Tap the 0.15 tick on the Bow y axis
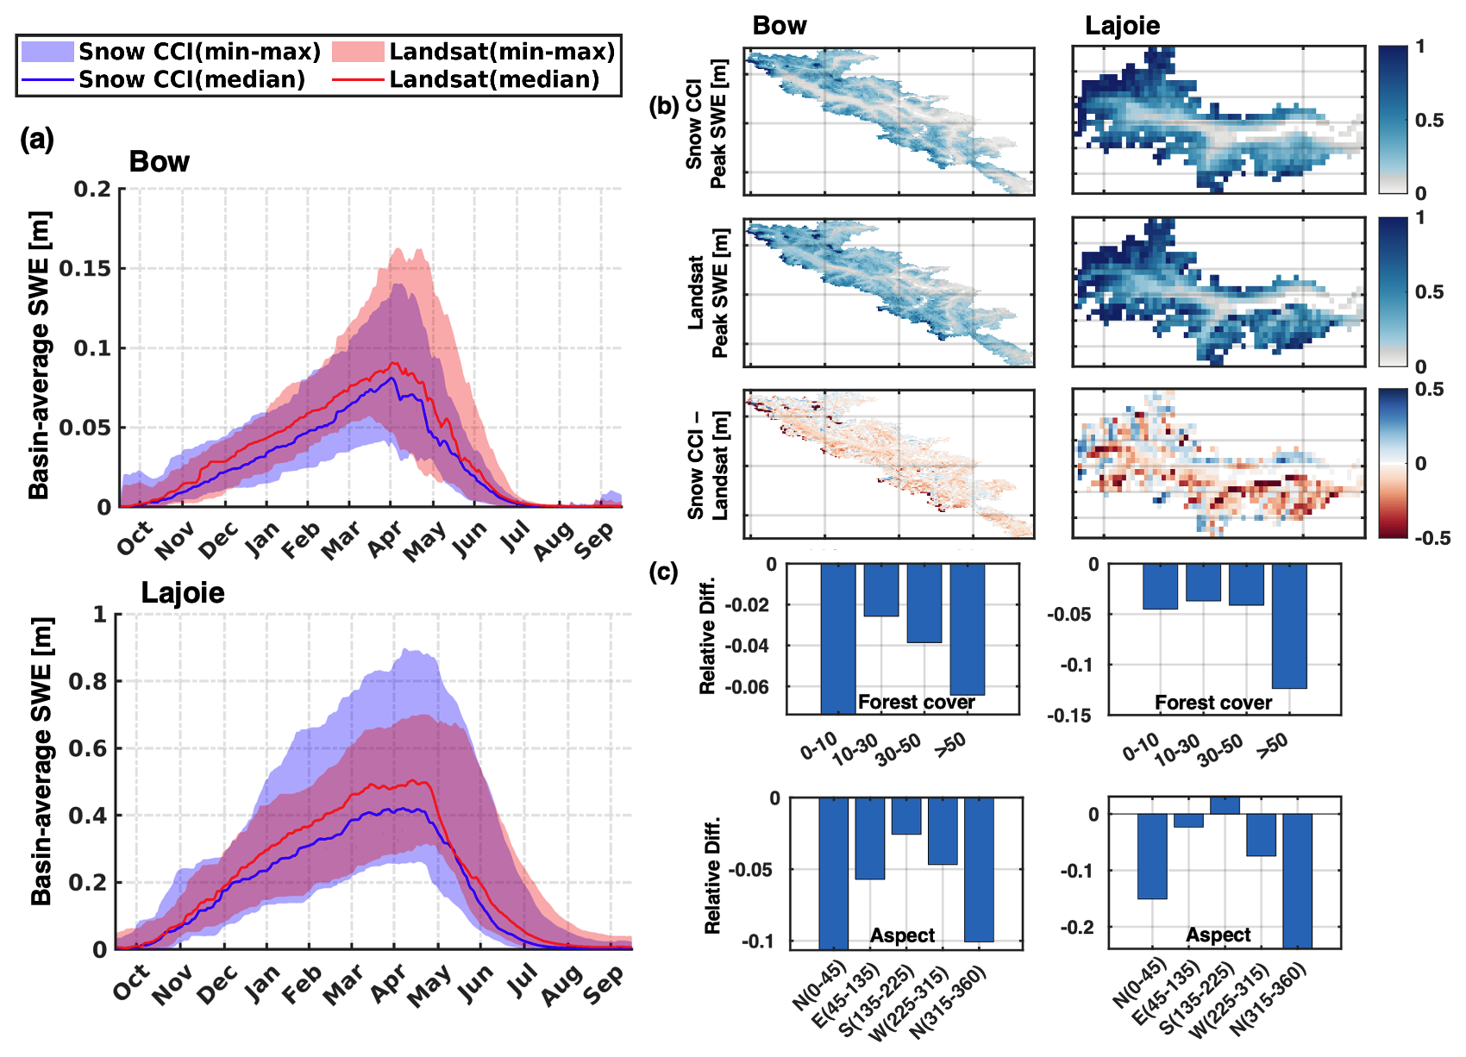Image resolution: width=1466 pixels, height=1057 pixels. [x=85, y=269]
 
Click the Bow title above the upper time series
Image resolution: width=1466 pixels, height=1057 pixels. [x=160, y=162]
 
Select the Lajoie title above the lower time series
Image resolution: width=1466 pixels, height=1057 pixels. [x=183, y=593]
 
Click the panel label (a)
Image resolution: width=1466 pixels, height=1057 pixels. [x=37, y=139]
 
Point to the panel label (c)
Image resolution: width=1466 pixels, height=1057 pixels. [x=662, y=572]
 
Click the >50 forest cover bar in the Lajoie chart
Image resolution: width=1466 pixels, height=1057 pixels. [x=1289, y=626]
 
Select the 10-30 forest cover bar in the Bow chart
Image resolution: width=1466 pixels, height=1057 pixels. [x=881, y=591]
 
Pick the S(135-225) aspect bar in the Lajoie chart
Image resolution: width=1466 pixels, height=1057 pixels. [x=1225, y=806]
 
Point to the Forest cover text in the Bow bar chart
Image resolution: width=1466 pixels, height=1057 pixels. [x=916, y=703]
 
